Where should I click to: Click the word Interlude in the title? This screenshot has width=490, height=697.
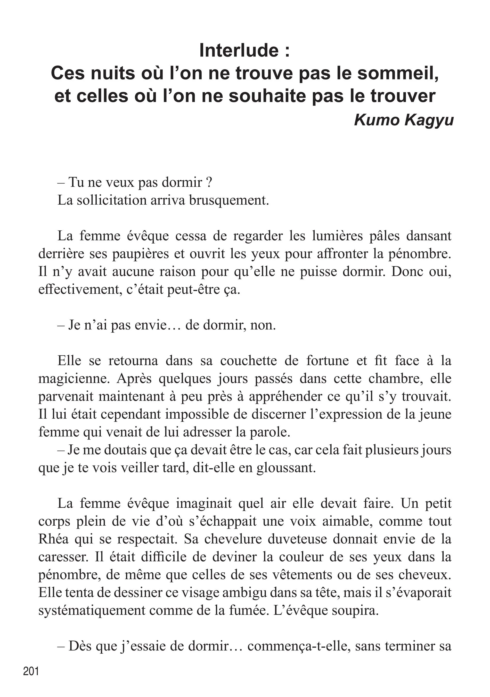tap(239, 50)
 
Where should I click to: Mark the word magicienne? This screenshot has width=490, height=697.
tap(74, 379)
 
